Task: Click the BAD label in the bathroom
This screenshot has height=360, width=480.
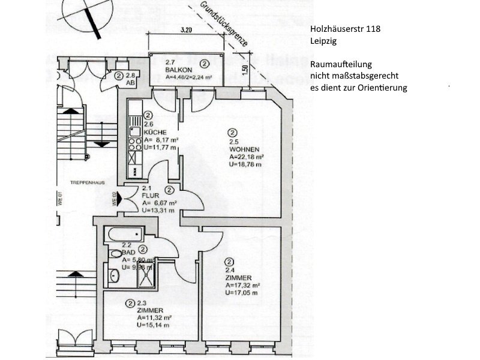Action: [127, 253]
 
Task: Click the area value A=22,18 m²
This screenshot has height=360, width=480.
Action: [247, 157]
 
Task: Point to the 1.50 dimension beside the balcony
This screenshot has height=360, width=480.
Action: [245, 69]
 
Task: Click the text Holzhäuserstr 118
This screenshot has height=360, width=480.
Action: [345, 28]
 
